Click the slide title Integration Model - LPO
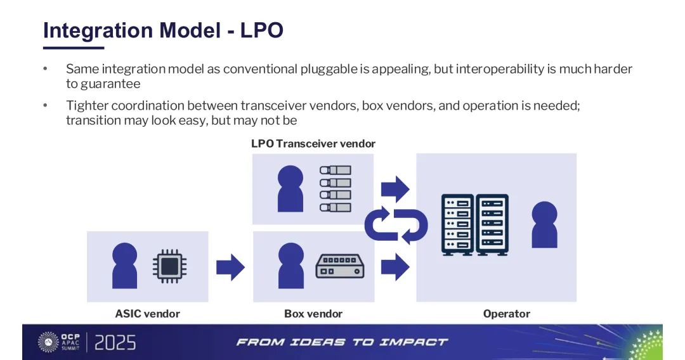tap(164, 30)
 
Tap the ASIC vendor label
tap(148, 314)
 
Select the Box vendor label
tap(313, 314)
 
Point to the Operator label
tap(507, 314)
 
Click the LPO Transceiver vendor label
tap(313, 144)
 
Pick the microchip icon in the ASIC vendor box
tap(169, 266)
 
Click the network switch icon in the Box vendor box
tap(340, 266)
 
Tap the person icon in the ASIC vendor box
tap(124, 266)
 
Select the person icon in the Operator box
tap(544, 224)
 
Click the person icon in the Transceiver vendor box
tap(290, 188)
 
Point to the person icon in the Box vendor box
tap(290, 266)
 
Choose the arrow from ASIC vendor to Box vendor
tap(231, 267)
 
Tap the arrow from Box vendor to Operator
tap(395, 267)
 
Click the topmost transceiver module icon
tap(336, 170)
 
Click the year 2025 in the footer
tap(115, 342)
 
